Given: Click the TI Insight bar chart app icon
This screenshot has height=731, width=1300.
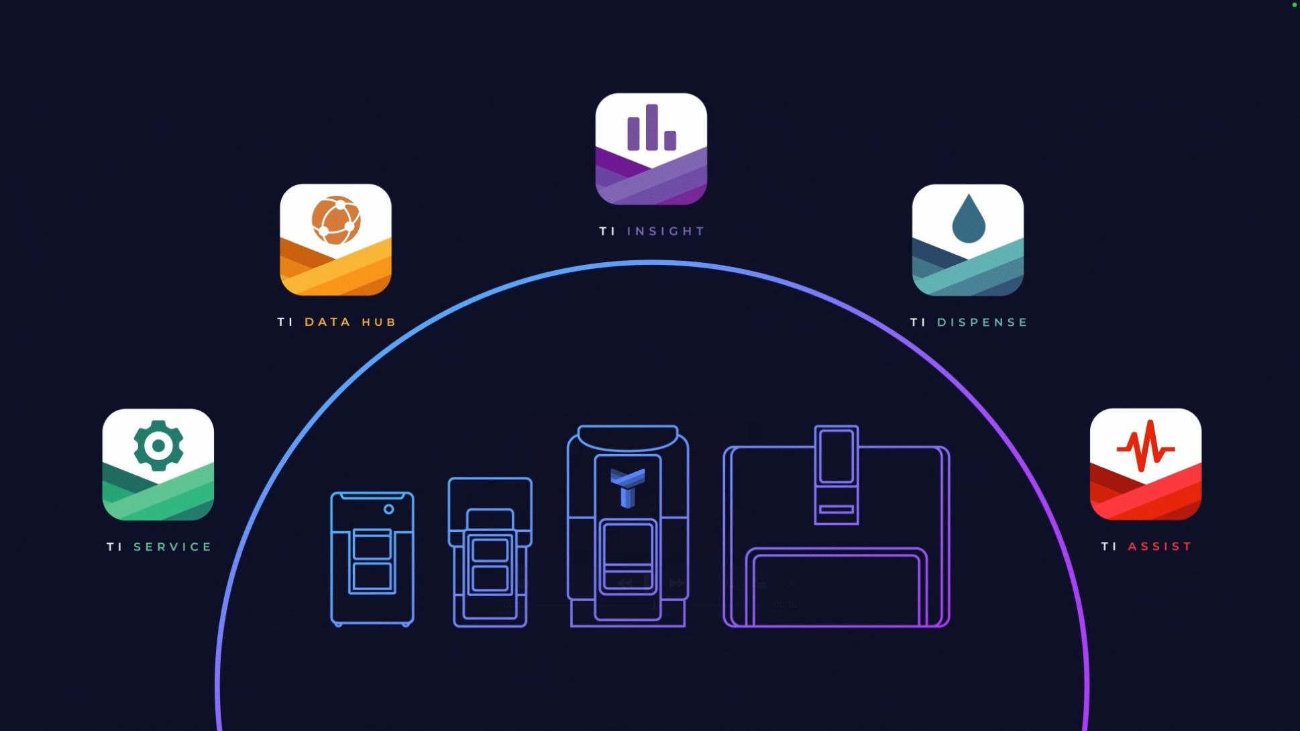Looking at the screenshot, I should (651, 149).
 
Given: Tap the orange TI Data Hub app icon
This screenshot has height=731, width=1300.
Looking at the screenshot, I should (335, 239).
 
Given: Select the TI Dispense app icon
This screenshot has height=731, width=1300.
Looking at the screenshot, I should (967, 239).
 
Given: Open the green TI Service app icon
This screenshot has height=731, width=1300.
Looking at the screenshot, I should (158, 464).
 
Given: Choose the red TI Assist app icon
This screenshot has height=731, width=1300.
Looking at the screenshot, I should (1145, 464).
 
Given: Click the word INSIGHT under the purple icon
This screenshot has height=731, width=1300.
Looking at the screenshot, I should (665, 231).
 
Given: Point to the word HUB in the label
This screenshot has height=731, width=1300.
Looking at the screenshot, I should (379, 322).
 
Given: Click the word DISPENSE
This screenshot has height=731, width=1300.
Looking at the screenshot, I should (982, 323).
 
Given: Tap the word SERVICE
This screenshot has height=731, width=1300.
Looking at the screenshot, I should (172, 547).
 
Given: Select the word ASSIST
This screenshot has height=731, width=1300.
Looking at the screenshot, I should (1159, 547).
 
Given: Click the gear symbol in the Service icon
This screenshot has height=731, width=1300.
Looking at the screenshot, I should (158, 445).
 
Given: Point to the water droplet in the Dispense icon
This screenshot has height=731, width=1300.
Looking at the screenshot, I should (969, 219).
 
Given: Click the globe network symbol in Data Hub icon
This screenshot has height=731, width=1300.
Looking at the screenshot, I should (336, 221).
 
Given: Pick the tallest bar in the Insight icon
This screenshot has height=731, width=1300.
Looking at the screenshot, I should (652, 127).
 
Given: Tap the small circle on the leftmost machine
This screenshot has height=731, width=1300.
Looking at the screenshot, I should (388, 510).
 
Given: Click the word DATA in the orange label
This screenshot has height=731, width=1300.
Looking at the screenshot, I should (328, 322).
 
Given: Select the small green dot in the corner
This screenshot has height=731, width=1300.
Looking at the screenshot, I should (1295, 5).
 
